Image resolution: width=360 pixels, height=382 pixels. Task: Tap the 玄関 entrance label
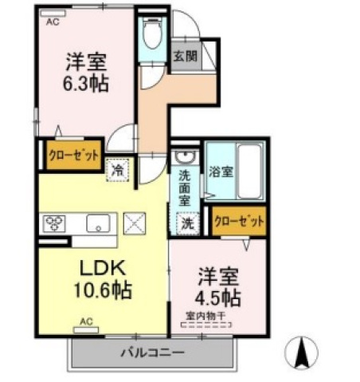[186, 56]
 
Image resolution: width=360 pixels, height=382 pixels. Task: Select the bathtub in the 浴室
[249, 171]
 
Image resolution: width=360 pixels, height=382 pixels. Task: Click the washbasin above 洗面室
[186, 156]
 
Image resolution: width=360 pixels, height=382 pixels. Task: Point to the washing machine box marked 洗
[188, 223]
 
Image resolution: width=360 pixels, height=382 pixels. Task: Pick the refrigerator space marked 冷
[117, 171]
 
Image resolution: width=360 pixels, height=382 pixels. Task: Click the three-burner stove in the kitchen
[54, 223]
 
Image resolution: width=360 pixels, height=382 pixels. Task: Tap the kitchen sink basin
[98, 223]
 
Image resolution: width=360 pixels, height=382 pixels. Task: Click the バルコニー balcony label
[153, 353]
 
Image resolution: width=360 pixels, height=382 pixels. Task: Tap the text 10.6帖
[103, 290]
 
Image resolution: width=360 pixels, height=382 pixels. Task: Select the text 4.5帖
[218, 297]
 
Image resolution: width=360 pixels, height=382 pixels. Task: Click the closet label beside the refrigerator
[74, 156]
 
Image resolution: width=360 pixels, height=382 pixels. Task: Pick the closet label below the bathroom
[239, 221]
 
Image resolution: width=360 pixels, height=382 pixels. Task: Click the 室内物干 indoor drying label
[205, 316]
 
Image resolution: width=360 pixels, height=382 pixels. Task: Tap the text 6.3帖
[85, 83]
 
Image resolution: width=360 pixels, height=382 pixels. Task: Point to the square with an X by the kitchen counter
[135, 223]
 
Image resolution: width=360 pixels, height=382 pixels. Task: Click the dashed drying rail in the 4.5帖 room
[205, 325]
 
